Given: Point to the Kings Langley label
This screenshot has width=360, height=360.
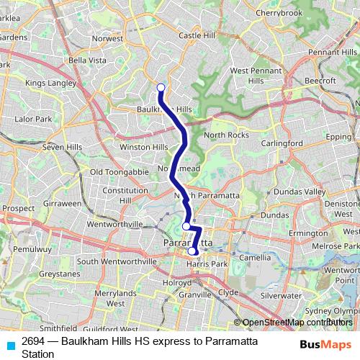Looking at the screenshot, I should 50,84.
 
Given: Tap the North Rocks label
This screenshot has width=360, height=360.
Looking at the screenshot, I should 226,135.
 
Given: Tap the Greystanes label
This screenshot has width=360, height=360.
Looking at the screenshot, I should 55,274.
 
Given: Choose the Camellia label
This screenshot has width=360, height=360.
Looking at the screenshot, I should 256,257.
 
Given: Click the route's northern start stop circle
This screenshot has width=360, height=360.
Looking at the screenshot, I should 161,88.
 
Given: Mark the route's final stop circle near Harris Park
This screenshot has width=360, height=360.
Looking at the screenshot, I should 192,251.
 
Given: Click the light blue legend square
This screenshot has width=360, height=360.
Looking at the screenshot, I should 8,345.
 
